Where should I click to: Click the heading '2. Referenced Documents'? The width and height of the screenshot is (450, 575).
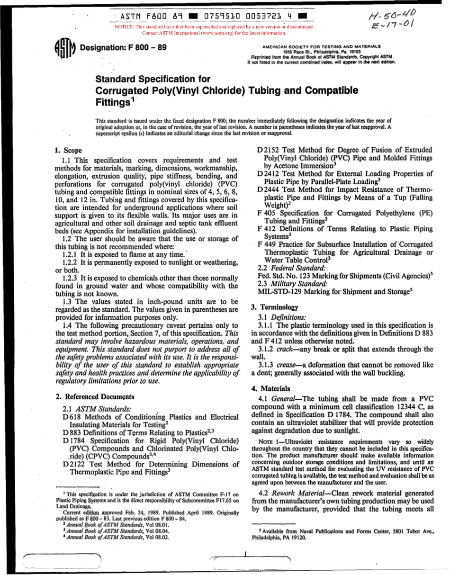95,397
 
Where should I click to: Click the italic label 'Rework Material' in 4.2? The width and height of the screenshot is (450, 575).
298,493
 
